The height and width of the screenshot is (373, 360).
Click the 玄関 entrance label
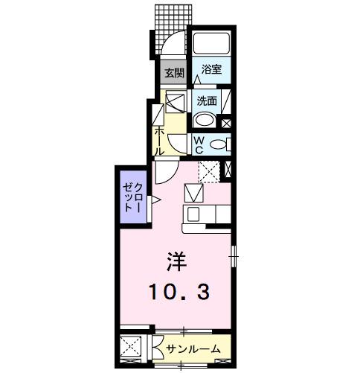(174, 72)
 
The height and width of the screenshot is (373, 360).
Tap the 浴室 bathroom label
(211, 70)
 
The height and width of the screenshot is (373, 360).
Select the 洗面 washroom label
(208, 101)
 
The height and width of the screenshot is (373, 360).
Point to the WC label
(199, 144)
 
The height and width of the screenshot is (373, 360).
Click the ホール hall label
(159, 140)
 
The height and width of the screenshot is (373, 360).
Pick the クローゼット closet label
(133, 196)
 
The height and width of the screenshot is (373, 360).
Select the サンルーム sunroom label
(193, 348)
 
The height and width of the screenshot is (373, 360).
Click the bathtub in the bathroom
(211, 44)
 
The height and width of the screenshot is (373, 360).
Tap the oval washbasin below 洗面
(203, 121)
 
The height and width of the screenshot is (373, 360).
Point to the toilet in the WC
(217, 144)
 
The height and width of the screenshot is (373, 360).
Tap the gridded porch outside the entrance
(170, 19)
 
